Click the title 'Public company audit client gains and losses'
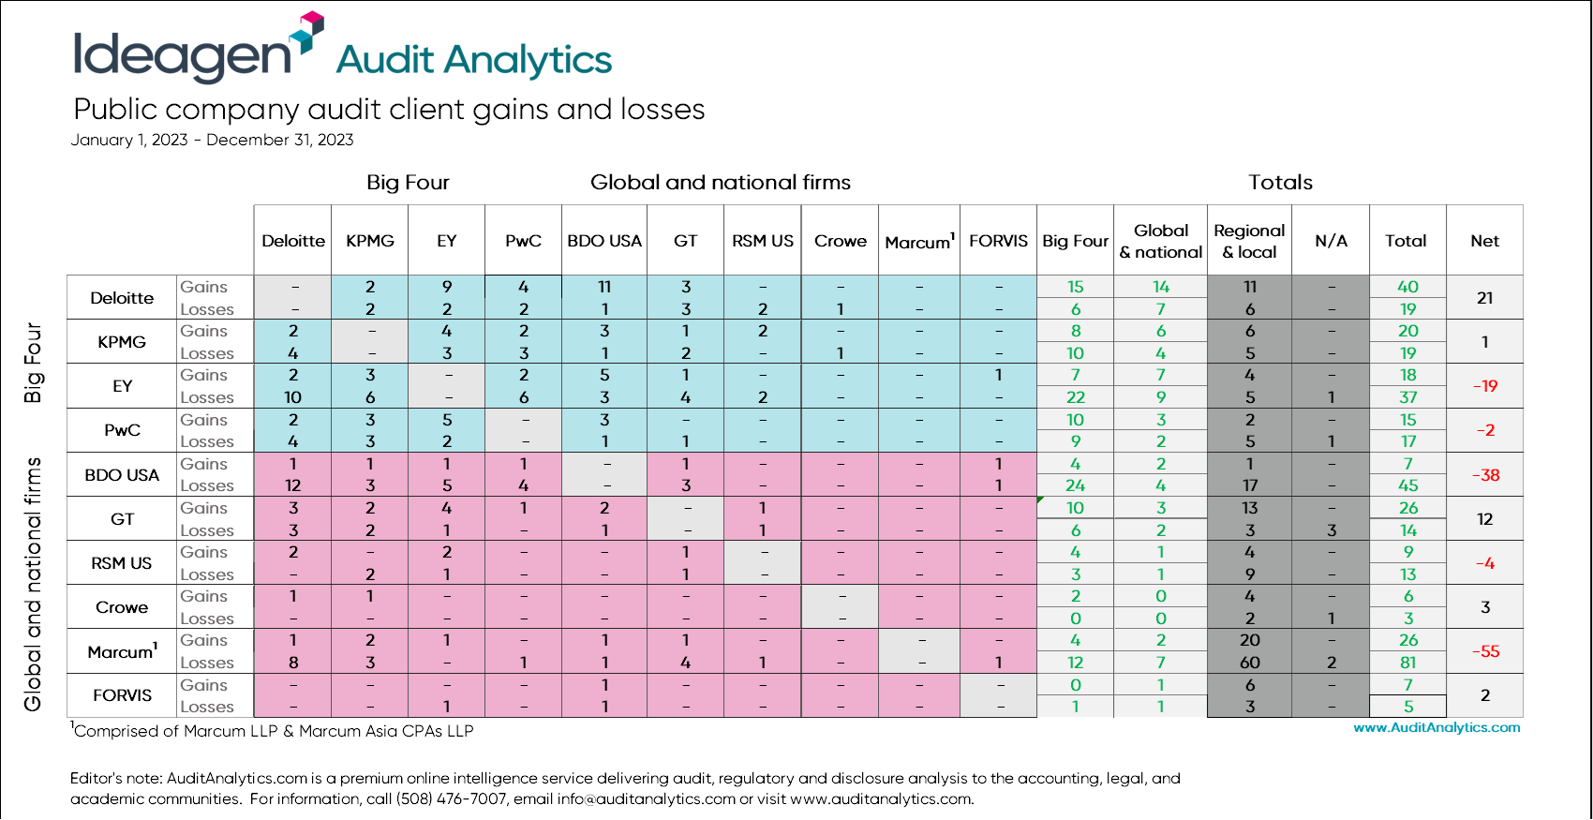tap(389, 110)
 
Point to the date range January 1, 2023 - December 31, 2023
tap(212, 141)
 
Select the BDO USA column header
tap(604, 241)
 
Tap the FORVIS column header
tap(998, 241)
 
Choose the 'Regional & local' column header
tap(1249, 241)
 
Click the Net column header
tap(1484, 241)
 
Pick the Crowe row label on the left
tap(122, 607)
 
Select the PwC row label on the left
tap(122, 430)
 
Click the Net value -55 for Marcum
tap(1485, 651)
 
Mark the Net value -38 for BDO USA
tap(1485, 475)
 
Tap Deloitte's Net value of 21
tap(1485, 298)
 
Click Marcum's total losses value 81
tap(1407, 663)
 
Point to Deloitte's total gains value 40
tap(1407, 287)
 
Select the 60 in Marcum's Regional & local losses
tap(1250, 663)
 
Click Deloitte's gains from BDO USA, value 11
tap(604, 287)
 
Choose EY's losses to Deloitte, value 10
tap(293, 397)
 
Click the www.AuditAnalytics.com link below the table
tap(1437, 727)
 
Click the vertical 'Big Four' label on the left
tap(34, 363)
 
